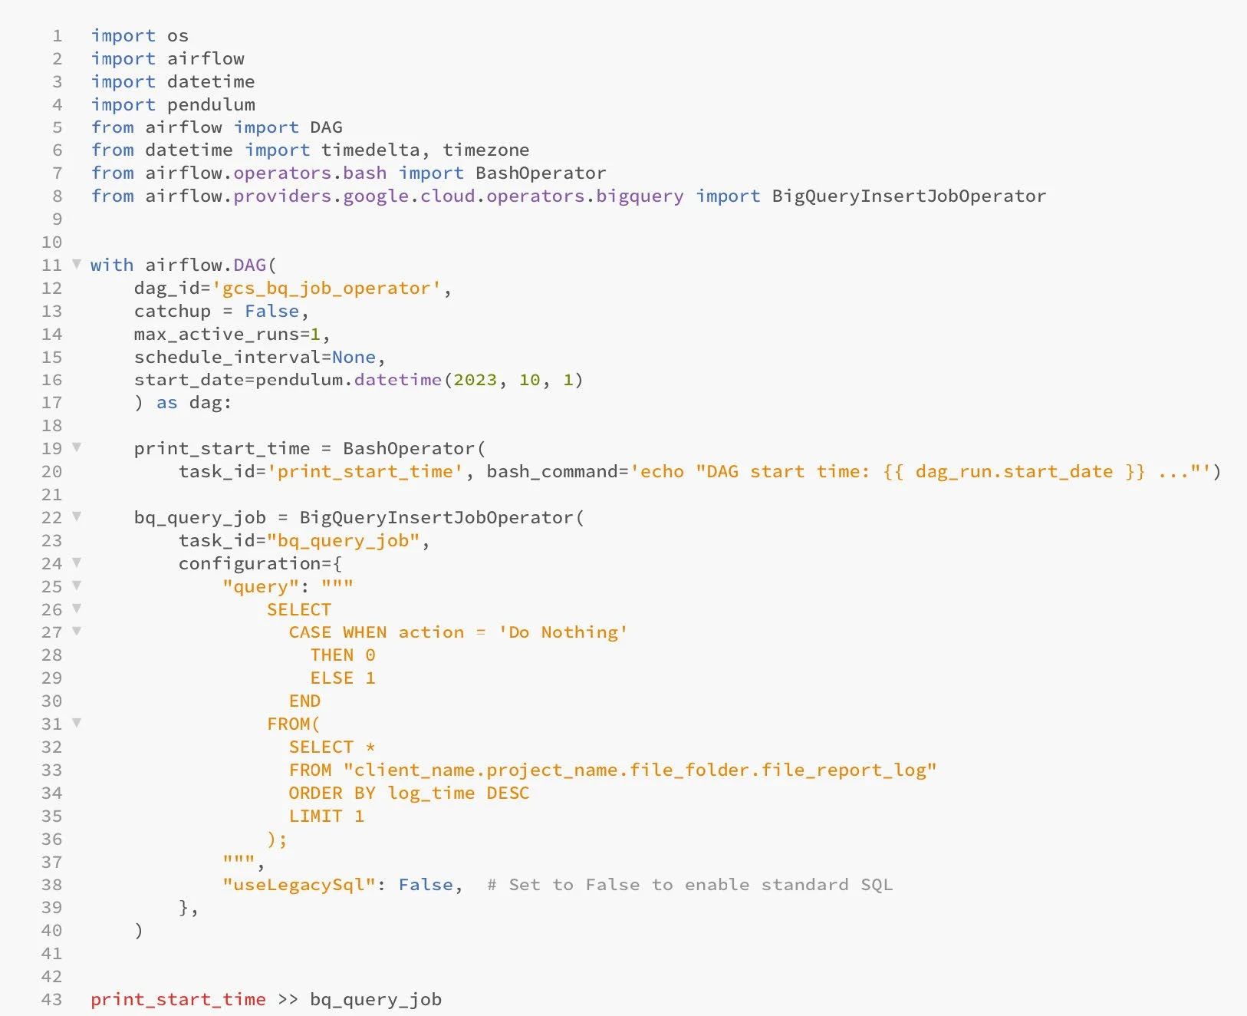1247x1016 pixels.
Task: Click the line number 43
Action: (x=51, y=999)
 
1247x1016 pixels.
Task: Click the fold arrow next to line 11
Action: (x=77, y=264)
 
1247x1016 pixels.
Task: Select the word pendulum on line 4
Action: (x=211, y=104)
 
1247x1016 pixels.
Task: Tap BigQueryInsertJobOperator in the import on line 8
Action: (x=908, y=196)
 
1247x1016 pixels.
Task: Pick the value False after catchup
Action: (x=271, y=311)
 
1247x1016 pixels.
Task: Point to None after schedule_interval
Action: (x=354, y=357)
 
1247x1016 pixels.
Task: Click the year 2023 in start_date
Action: (x=475, y=380)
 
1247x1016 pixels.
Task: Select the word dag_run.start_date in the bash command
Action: (x=1013, y=471)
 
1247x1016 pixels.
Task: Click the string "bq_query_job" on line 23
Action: (x=343, y=540)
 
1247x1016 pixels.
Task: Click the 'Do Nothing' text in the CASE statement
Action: (x=563, y=632)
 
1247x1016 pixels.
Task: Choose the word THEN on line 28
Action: (x=331, y=655)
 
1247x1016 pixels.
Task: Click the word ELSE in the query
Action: (x=331, y=678)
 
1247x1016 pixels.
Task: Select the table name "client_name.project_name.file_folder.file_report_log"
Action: (x=640, y=770)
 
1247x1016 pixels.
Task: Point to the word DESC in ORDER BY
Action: (x=508, y=793)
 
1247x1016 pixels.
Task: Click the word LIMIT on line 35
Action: (x=315, y=816)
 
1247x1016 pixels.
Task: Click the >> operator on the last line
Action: (x=288, y=999)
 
